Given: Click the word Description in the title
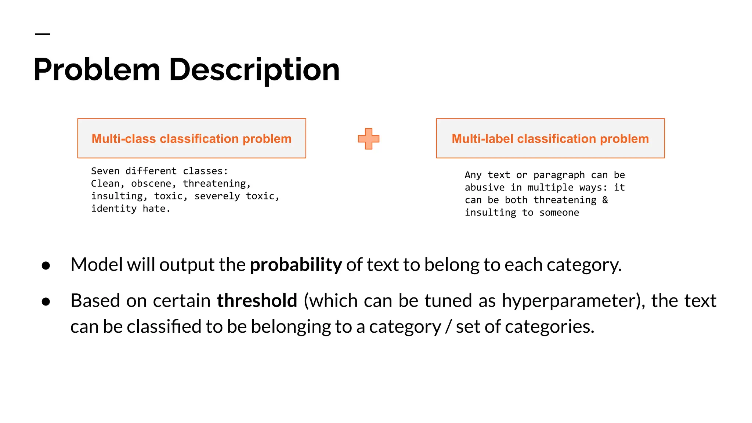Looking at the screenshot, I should point(254,70).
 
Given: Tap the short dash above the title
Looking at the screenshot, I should point(42,34).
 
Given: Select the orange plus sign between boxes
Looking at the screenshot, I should point(368,139).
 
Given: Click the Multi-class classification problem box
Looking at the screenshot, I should point(191,138).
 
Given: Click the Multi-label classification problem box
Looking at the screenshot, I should point(550,138).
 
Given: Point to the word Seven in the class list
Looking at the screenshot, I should point(105,171).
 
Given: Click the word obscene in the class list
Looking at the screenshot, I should point(151,184).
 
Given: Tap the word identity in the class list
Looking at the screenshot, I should point(114,209).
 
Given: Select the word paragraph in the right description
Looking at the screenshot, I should point(559,175).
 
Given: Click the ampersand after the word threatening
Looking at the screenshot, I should point(605,200).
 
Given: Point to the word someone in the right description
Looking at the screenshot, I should point(559,213).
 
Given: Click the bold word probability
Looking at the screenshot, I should point(296,265).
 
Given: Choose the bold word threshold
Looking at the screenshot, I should point(257,301).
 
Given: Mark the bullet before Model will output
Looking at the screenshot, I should point(46,265).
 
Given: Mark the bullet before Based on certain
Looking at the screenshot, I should point(46,302).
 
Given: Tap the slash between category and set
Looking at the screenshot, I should point(448,326).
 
